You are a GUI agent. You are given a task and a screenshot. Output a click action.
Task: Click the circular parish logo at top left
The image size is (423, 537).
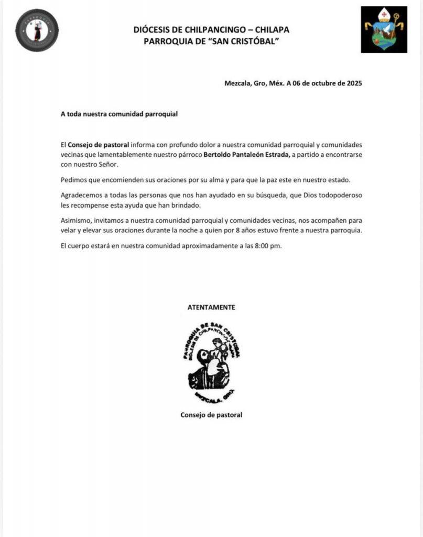[x=37, y=30]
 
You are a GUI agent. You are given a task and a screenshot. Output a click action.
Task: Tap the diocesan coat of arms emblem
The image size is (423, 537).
[x=384, y=30]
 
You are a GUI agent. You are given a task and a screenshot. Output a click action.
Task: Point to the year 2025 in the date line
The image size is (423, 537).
[x=351, y=83]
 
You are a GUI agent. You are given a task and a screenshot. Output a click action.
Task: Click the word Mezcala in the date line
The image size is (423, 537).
[x=238, y=83]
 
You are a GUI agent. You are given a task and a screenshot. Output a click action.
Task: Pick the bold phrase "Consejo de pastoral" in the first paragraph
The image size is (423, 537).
[x=99, y=144]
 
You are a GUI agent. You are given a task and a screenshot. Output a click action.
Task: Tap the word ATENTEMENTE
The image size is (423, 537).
[x=211, y=307]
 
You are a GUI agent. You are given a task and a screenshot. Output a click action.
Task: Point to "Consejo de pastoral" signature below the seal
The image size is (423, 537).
[x=211, y=415]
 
